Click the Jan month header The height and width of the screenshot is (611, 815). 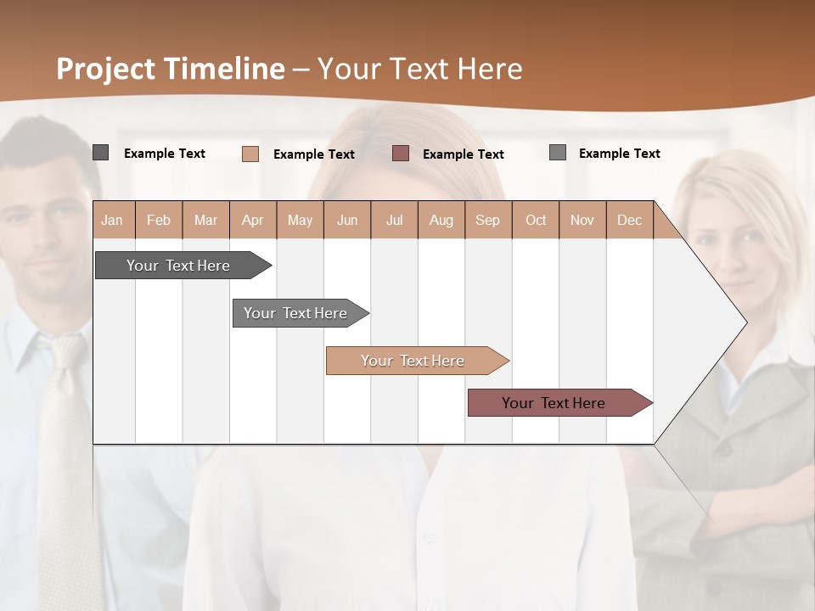point(112,220)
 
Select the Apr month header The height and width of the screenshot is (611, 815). point(252,220)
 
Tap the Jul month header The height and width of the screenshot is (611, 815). point(394,220)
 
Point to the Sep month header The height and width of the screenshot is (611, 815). point(487,220)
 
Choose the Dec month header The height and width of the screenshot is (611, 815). point(629,220)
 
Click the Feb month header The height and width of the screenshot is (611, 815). point(159,220)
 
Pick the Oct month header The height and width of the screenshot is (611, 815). point(536,220)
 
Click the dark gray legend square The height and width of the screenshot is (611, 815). point(101,153)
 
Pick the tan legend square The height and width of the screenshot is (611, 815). point(250,154)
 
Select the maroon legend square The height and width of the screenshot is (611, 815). point(401,154)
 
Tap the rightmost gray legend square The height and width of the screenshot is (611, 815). point(558,153)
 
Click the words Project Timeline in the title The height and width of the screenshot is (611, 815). point(171,69)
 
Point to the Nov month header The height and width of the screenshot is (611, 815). point(582,220)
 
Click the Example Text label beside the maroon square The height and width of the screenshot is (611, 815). point(463,154)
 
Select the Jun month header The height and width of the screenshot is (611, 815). point(347,220)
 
